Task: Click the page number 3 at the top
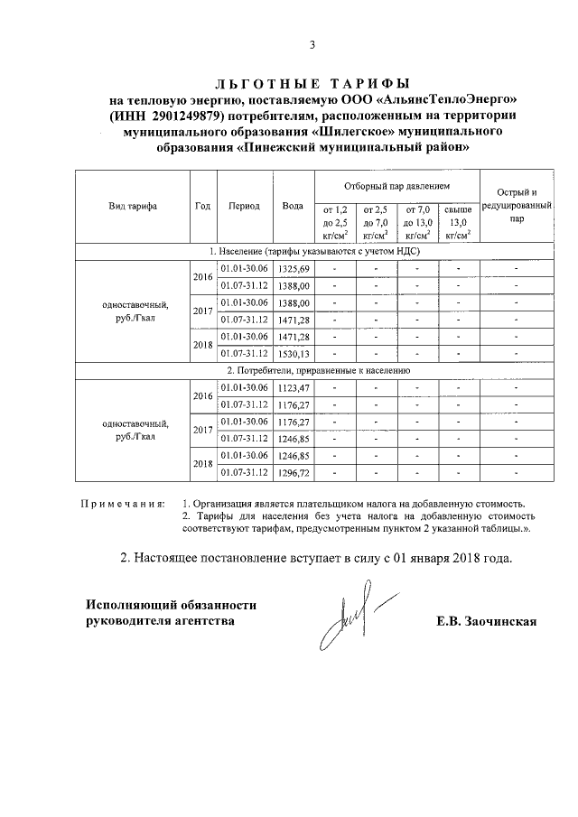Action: tap(312, 44)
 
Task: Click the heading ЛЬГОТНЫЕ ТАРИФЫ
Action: tap(312, 83)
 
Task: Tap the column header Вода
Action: tap(292, 206)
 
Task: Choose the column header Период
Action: tap(244, 206)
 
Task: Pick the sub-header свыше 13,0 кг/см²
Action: tap(459, 222)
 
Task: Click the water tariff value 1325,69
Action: tap(293, 269)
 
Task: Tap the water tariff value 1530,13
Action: tap(293, 352)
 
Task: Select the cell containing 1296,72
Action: tap(293, 471)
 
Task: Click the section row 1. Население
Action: tap(312, 252)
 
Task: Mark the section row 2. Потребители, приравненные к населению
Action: tap(312, 370)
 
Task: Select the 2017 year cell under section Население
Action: tap(201, 311)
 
